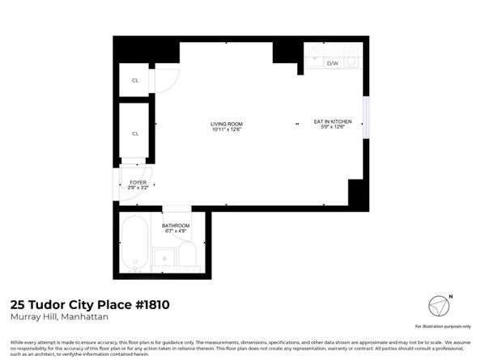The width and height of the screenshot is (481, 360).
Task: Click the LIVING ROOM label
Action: point(227,123)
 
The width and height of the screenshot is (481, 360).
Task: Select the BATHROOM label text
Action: point(176,225)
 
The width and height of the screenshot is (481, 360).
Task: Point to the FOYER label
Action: point(138,182)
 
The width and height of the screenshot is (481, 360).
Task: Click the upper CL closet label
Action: point(135,81)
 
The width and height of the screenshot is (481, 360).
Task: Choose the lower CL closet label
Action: point(135,133)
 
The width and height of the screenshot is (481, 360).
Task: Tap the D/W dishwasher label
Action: point(332,62)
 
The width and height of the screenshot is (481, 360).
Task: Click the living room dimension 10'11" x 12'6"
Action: point(227,129)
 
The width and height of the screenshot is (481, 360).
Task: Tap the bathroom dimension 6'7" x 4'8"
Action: point(176,231)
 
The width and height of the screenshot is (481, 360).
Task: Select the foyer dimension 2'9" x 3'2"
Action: point(138,188)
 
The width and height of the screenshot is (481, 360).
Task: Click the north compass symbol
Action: point(440,307)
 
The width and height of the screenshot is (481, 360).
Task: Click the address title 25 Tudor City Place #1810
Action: point(90,305)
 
